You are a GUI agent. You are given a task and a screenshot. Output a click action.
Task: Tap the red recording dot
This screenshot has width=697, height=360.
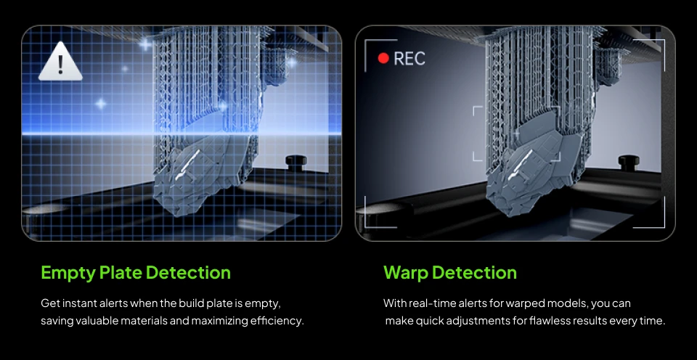(x=383, y=59)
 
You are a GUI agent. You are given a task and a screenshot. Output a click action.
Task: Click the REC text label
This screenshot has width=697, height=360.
(x=409, y=59)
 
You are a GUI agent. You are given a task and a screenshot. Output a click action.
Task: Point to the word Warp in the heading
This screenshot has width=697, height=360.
(x=405, y=273)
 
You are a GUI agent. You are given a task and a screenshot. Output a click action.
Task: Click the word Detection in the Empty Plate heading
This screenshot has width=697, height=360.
(x=188, y=273)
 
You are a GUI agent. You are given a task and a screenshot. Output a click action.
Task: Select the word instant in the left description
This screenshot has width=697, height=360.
(x=78, y=303)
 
